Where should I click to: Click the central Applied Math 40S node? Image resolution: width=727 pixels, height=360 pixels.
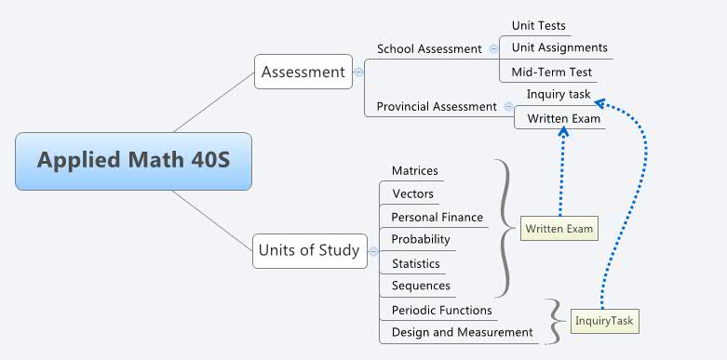point(133,161)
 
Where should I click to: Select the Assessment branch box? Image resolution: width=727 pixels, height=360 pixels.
point(303,72)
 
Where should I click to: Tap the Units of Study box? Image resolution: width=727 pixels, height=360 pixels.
point(308,249)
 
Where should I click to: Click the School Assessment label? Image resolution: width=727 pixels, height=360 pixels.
point(429,48)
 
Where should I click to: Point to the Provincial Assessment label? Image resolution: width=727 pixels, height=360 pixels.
point(436,107)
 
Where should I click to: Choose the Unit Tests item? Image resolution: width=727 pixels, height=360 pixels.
point(538,25)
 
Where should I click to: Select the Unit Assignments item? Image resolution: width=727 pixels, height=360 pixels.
point(559,47)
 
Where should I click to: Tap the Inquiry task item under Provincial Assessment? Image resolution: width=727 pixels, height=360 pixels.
point(559,94)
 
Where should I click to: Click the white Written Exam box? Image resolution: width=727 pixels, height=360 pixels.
point(564,118)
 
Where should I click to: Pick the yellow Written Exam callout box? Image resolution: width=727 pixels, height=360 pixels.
point(559,228)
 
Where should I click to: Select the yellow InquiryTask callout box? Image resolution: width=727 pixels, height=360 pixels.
point(604,321)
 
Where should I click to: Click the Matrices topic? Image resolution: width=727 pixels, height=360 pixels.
point(414,170)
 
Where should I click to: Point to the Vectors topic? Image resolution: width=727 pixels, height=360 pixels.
point(412,193)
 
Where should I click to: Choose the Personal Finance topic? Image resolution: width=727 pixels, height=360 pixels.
point(437,217)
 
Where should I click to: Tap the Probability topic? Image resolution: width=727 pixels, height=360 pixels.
point(421,239)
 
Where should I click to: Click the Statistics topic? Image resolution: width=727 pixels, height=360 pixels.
point(416,263)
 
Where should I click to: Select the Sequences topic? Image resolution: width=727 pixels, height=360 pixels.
point(421,286)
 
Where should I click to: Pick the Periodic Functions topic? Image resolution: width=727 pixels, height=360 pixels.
point(441,310)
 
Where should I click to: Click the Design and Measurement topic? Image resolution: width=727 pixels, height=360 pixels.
point(462,332)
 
